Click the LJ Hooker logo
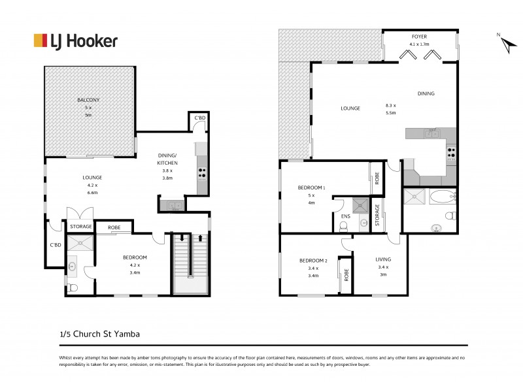(75, 41)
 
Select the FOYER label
(418, 37)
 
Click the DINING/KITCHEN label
(168, 159)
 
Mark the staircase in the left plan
(190, 264)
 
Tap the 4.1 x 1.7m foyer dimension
(418, 44)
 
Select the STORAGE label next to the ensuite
(377, 215)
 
